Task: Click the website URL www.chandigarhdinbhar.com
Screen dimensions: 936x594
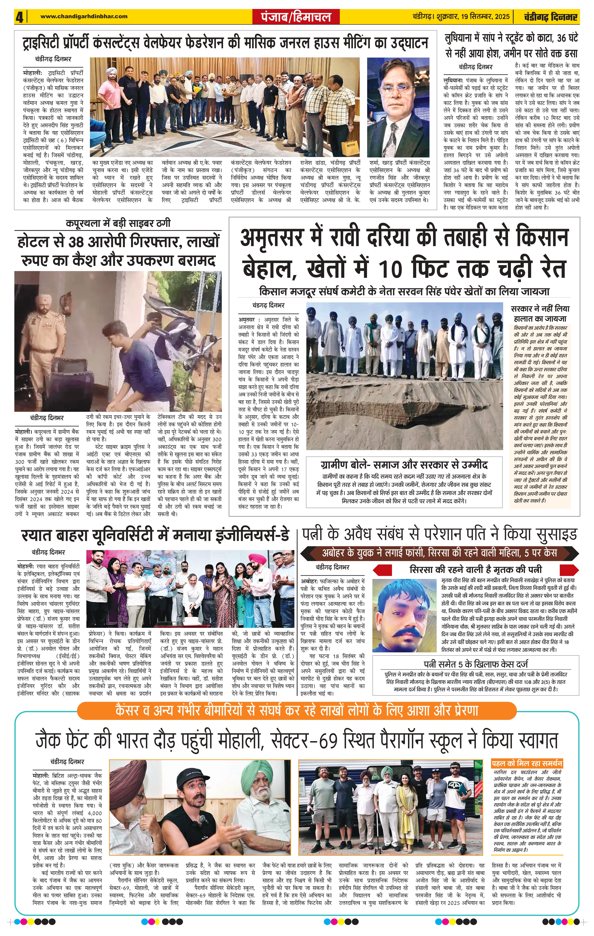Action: coord(84,16)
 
